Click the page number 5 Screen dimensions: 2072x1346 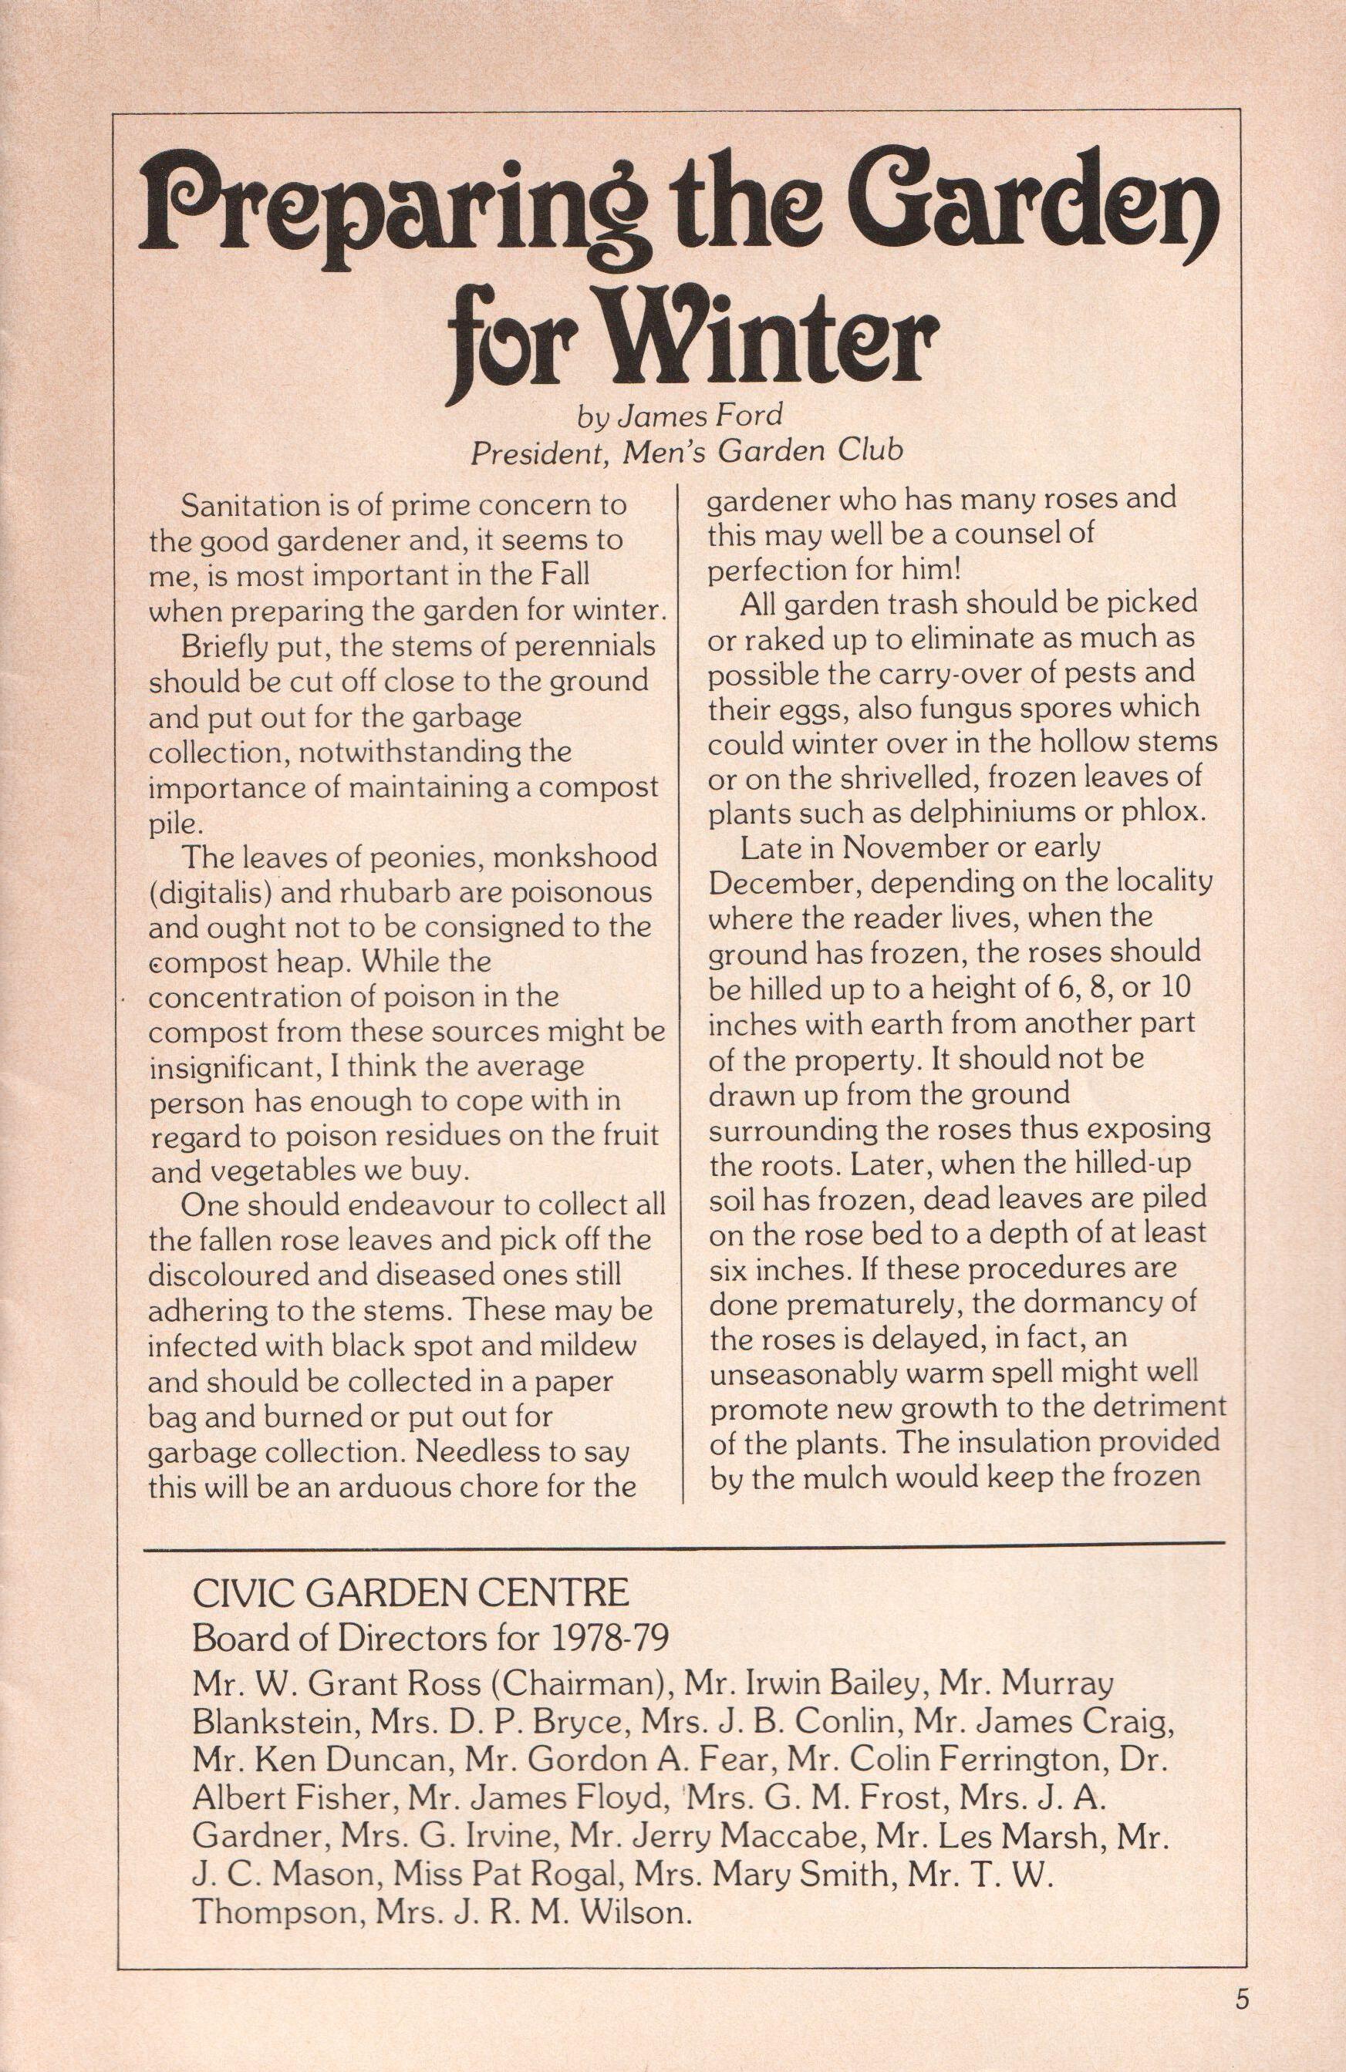click(1240, 1991)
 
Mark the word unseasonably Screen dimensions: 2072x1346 click(805, 1371)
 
